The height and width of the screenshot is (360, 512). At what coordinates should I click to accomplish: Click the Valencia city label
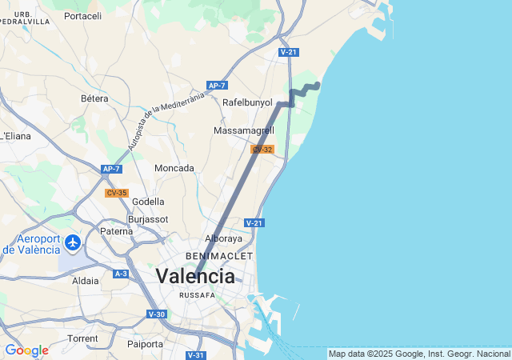point(195,276)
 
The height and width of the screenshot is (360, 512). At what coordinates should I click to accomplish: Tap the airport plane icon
point(73,242)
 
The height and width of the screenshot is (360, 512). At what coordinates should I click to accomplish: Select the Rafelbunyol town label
point(247,102)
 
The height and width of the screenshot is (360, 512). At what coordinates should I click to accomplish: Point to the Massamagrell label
point(244,130)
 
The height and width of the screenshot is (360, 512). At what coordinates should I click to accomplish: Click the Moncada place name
point(174,168)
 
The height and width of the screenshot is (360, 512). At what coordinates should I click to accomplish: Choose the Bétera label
point(94,98)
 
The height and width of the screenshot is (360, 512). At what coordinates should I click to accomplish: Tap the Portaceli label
point(82,15)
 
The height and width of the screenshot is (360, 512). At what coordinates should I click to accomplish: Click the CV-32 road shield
point(262,150)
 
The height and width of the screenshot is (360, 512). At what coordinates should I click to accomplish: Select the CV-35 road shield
point(117,193)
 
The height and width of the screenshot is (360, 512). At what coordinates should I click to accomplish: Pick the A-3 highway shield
point(121,274)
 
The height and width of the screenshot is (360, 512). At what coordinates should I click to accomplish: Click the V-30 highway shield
point(157,314)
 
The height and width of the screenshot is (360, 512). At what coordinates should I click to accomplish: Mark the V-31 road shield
point(196,354)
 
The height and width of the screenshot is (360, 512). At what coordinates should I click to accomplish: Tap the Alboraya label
point(223,238)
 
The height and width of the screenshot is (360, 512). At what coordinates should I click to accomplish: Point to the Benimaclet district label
point(218,255)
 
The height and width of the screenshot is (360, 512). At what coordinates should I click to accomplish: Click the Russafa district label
point(197,294)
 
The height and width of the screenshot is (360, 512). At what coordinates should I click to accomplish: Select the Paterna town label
point(116,231)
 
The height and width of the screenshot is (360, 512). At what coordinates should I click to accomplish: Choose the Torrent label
point(82,338)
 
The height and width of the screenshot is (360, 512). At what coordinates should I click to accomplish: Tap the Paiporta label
point(146,344)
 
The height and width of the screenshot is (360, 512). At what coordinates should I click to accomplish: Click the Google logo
point(26,350)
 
